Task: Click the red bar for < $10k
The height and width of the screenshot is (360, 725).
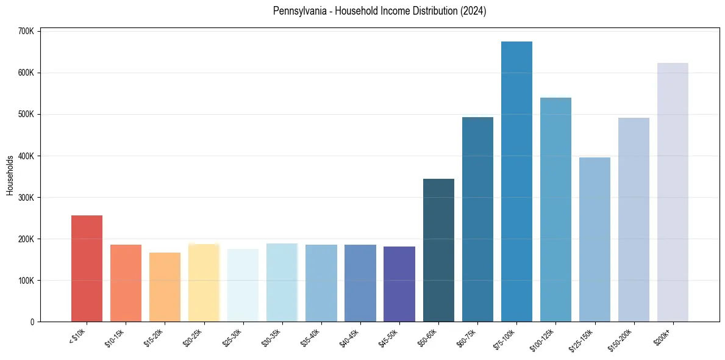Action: (87, 268)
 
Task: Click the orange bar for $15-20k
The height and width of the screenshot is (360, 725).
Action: (165, 287)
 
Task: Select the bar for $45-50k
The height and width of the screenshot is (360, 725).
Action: (399, 284)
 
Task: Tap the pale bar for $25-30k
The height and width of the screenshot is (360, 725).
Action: (243, 285)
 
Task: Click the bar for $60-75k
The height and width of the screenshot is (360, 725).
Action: (477, 219)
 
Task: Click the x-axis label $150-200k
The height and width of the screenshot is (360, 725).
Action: (626, 337)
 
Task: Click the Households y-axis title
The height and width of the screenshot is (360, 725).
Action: (10, 175)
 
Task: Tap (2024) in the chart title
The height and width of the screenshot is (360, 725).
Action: (473, 11)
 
